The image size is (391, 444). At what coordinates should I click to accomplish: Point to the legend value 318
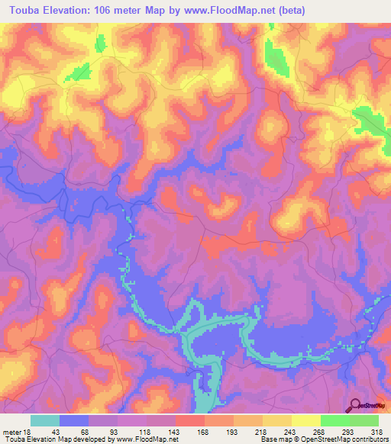click(x=377, y=431)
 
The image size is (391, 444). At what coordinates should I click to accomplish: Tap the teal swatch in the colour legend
click(x=45, y=420)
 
